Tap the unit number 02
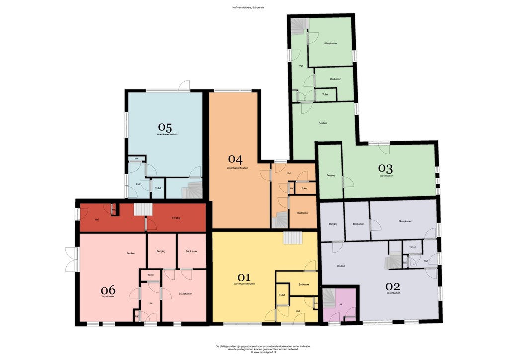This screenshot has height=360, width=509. [393, 286]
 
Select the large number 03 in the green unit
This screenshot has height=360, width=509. [386, 168]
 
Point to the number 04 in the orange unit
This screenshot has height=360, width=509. [235, 160]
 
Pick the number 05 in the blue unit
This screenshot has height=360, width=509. [165, 127]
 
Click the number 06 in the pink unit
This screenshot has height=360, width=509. [108, 290]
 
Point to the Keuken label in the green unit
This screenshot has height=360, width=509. [322, 123]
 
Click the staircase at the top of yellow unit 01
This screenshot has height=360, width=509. [292, 238]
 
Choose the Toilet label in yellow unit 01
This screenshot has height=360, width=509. [282, 295]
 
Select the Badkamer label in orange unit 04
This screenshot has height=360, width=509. [302, 213]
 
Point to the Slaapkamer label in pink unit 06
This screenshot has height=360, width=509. [185, 294]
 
